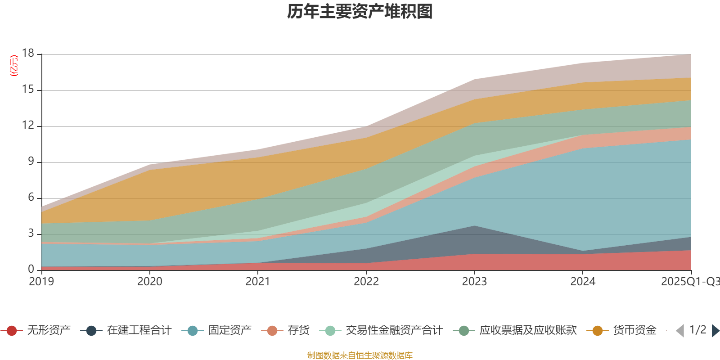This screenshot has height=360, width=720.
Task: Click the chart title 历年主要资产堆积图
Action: [x=360, y=12]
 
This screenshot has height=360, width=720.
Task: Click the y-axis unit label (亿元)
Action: [x=14, y=66]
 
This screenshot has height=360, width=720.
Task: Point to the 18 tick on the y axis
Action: [x=28, y=54]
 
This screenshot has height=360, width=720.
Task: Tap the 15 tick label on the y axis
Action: [x=28, y=90]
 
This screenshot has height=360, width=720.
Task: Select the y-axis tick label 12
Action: [x=28, y=126]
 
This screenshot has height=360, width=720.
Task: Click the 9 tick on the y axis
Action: [x=31, y=162]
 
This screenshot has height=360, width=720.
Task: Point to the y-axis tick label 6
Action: [x=31, y=198]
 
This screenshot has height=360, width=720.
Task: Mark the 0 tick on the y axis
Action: [x=31, y=269]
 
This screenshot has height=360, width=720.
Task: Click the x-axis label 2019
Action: [x=41, y=282]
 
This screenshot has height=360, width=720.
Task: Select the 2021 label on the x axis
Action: [x=258, y=282]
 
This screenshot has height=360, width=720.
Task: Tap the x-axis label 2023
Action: [x=474, y=282]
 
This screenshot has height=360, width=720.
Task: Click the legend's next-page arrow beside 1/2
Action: [x=715, y=331]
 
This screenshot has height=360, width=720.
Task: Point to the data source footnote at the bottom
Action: [x=360, y=355]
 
